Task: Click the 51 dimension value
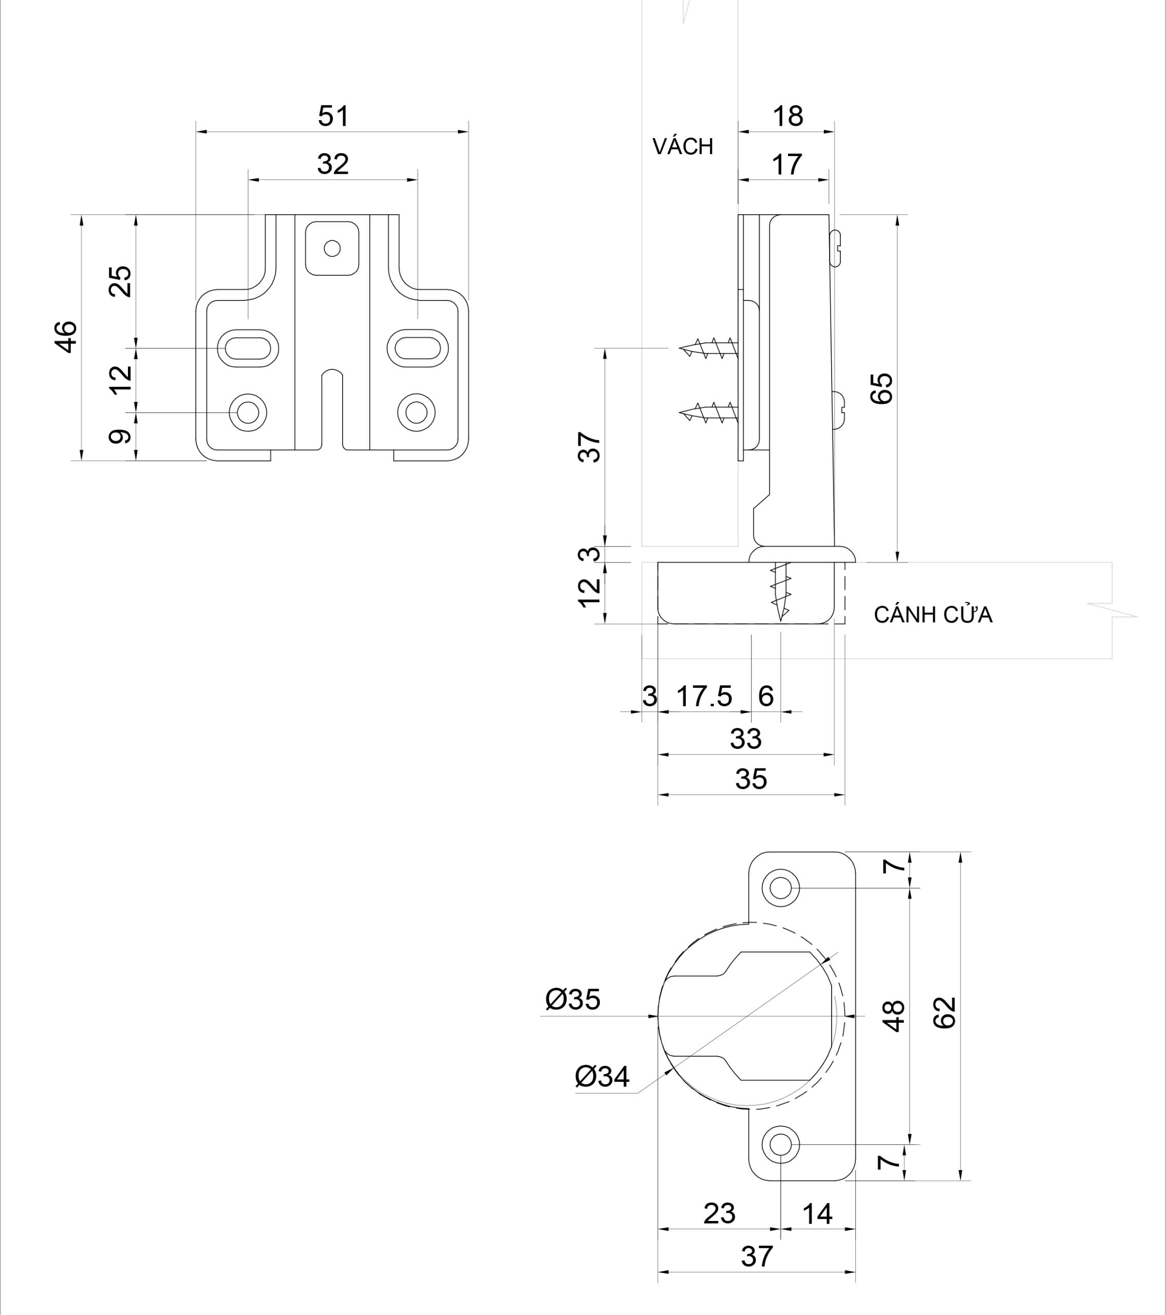(x=333, y=117)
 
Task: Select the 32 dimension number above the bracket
(x=333, y=165)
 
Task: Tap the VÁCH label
(x=683, y=147)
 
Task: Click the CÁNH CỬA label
(x=932, y=615)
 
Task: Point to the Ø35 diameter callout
(x=572, y=1000)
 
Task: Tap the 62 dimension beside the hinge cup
(x=944, y=1013)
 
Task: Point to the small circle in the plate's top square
(x=332, y=248)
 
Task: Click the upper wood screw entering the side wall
(x=708, y=348)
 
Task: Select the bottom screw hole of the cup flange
(x=781, y=1144)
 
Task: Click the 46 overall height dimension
(x=66, y=336)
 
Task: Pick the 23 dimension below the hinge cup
(x=719, y=1214)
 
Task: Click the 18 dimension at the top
(x=787, y=117)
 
